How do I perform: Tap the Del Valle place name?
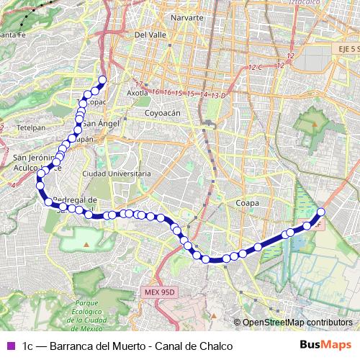point(150,34)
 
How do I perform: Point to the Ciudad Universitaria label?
point(117,174)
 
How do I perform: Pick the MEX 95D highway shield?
point(158,292)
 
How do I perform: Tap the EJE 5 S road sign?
point(336,48)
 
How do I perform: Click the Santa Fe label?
point(14,34)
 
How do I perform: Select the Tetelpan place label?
point(30,125)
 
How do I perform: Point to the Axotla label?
point(137,93)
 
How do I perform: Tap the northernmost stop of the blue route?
point(102,80)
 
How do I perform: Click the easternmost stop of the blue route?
point(321,212)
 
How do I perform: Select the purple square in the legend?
point(9,346)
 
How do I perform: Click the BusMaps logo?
point(325,346)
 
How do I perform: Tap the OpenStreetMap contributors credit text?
point(297,322)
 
